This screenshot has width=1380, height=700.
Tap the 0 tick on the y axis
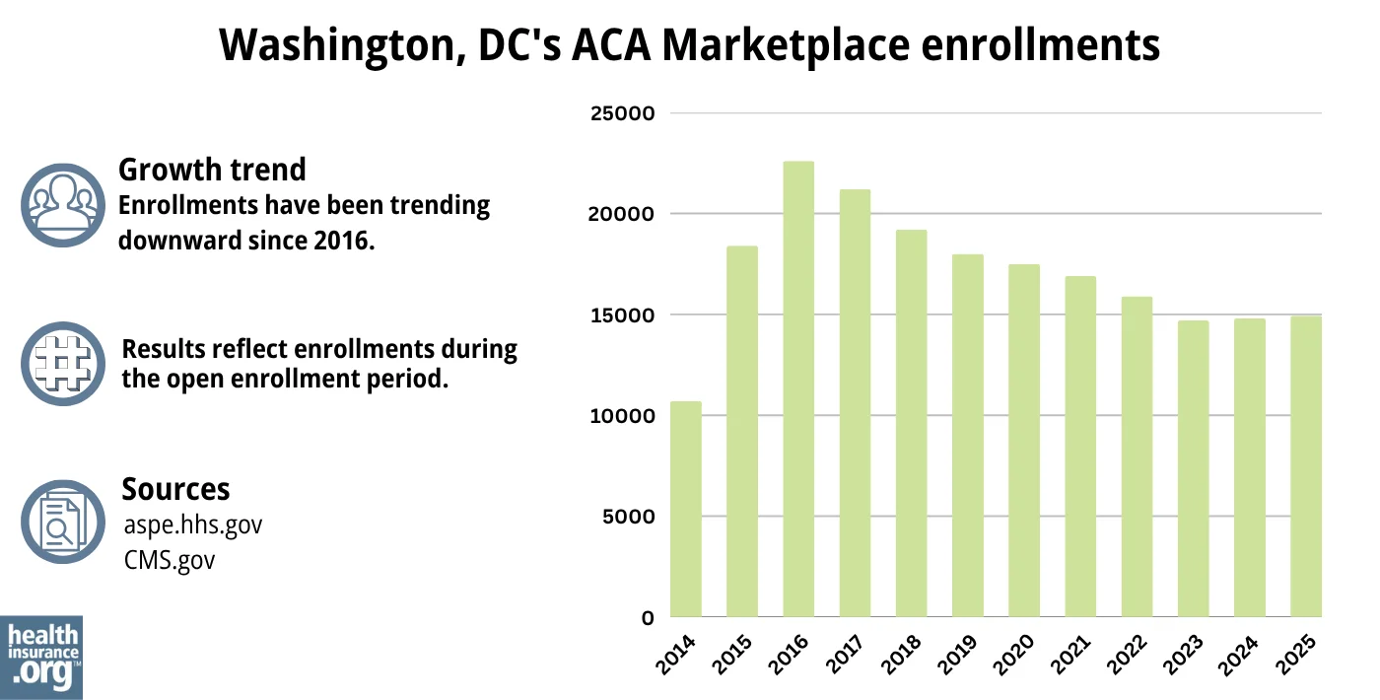tap(648, 618)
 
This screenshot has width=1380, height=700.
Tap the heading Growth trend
tap(212, 170)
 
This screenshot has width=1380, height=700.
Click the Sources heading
tap(175, 489)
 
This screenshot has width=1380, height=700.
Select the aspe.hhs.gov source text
tap(191, 525)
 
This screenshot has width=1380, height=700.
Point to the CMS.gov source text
tap(169, 560)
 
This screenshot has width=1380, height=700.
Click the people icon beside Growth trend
tap(62, 205)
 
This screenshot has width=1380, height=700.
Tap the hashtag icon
tap(62, 364)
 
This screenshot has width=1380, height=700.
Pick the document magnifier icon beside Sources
tap(62, 523)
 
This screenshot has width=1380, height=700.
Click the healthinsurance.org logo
tap(41, 657)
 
